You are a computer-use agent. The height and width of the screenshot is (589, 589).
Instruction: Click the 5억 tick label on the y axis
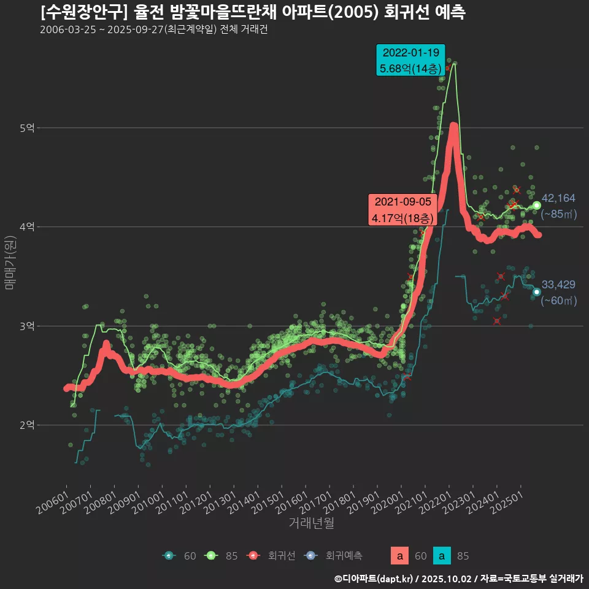tap(27, 128)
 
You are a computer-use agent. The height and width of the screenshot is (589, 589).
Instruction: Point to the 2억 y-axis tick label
tap(27, 425)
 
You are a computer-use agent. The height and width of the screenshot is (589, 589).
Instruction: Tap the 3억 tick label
tap(27, 326)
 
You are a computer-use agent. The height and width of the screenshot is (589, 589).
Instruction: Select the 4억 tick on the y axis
tap(27, 227)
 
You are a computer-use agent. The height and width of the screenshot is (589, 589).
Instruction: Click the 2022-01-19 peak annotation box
tap(410, 60)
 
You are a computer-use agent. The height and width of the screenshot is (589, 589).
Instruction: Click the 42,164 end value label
tap(559, 198)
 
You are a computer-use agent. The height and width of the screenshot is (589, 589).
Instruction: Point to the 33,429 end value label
tap(559, 284)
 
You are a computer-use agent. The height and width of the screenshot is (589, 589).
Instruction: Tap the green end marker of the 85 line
tap(536, 206)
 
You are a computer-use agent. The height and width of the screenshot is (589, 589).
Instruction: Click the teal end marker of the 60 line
tap(536, 292)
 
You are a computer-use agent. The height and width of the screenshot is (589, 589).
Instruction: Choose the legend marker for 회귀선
tap(252, 556)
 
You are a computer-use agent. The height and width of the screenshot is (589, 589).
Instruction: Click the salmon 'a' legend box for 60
tap(399, 556)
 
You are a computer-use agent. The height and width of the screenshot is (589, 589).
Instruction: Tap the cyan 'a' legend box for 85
tap(442, 556)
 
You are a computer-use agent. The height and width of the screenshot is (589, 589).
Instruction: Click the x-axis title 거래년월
tap(311, 523)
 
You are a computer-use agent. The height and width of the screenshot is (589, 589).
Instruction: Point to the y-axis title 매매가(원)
tap(10, 262)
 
